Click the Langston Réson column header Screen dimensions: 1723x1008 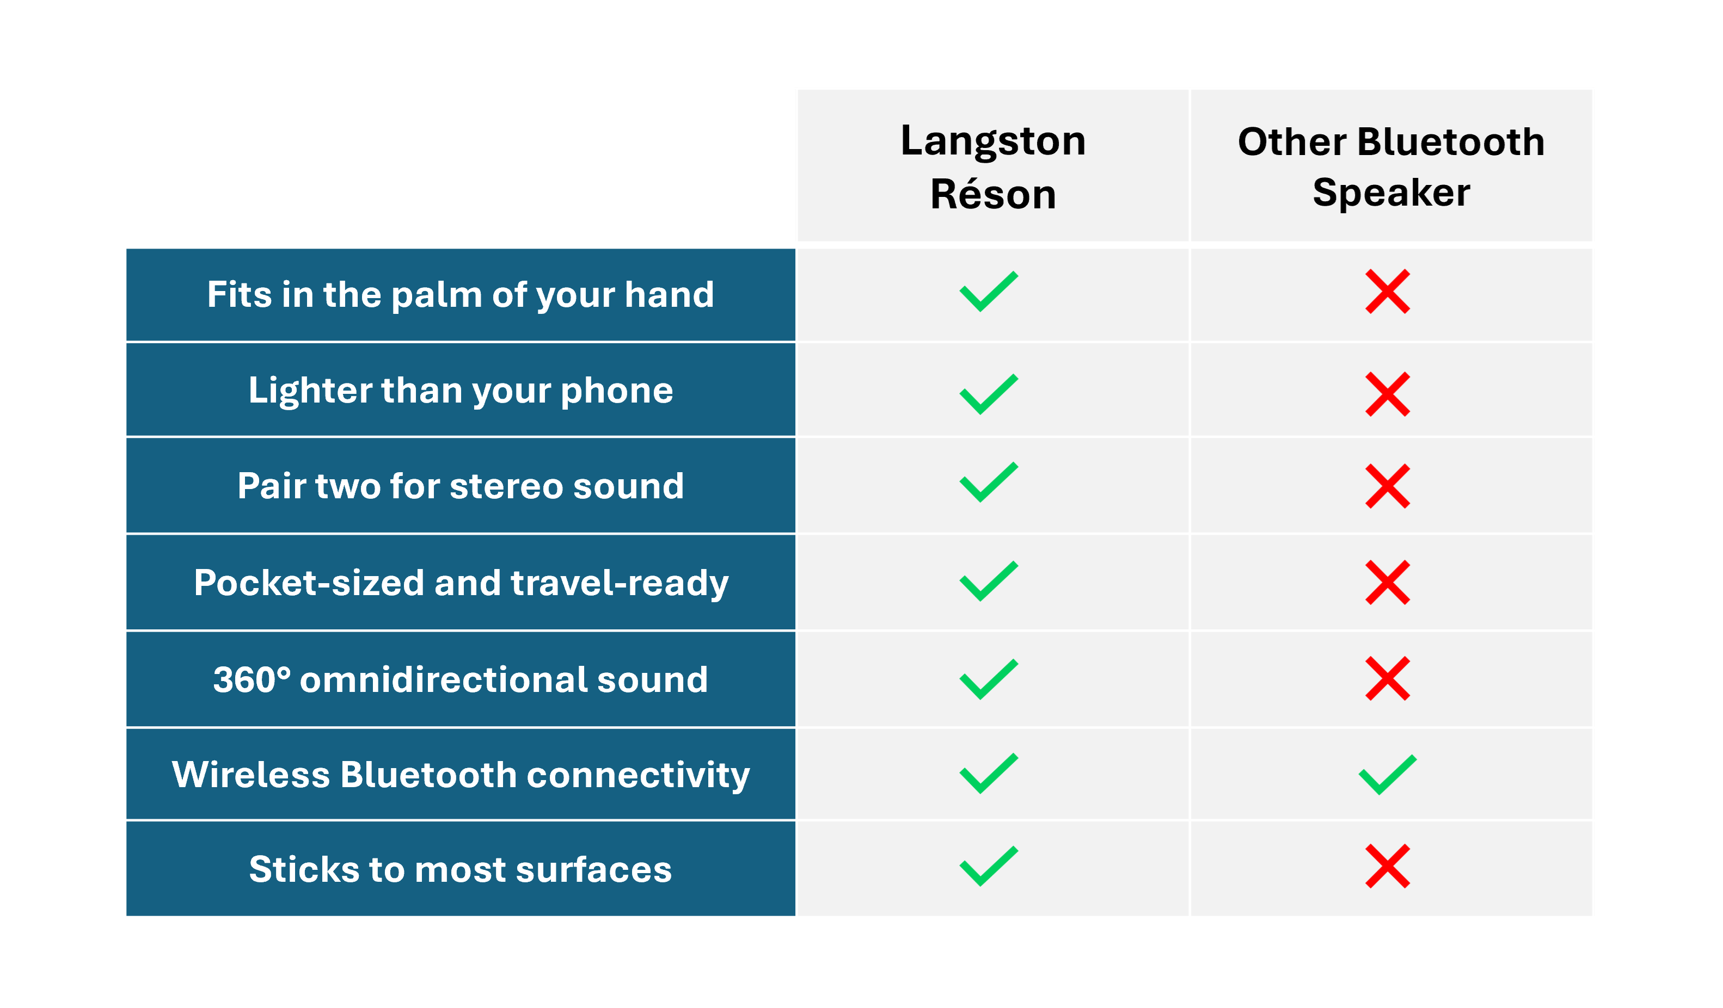tap(993, 167)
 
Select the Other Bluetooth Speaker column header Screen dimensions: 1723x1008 tap(1391, 167)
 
